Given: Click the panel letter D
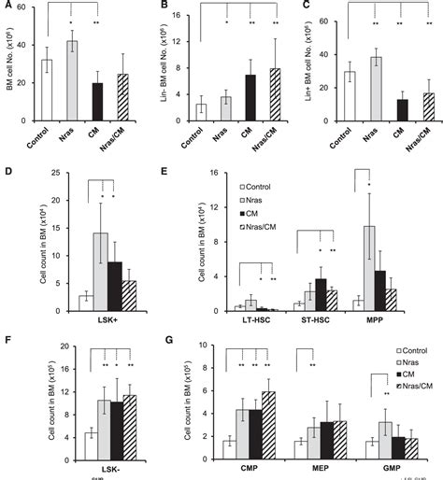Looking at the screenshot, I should [7, 171].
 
